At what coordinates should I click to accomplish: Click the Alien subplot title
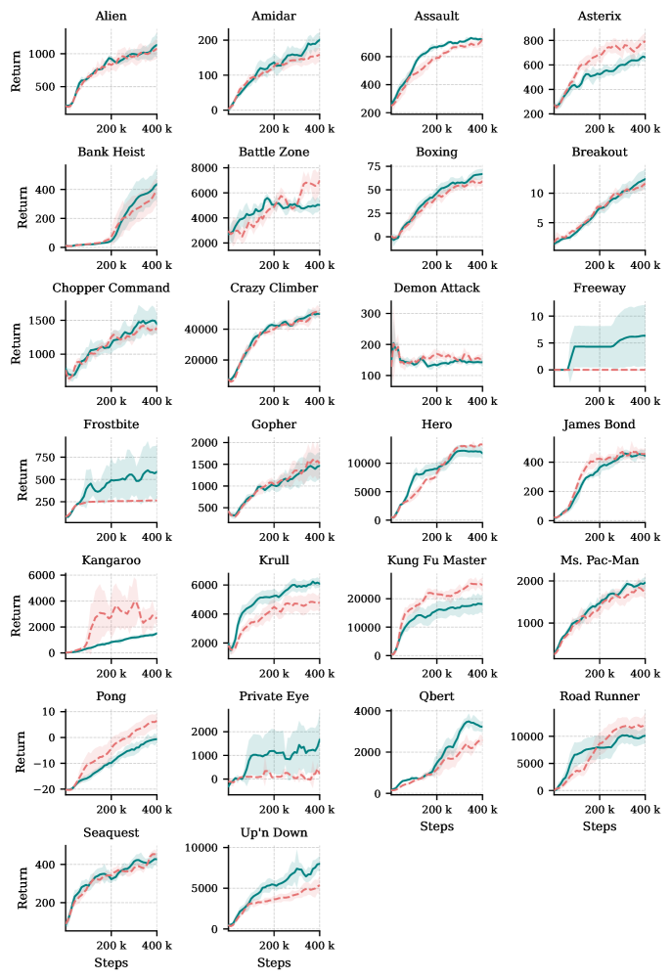point(111,16)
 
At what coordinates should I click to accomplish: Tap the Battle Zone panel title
point(273,152)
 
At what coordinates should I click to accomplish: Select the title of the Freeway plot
point(599,289)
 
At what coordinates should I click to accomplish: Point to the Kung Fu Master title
point(436,560)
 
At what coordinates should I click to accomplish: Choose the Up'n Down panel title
point(273,832)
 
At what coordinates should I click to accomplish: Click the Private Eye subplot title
point(273,696)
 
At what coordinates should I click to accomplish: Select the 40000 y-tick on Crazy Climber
point(205,330)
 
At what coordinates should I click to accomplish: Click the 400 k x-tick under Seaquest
point(157,947)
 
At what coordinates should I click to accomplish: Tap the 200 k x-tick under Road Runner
point(599,811)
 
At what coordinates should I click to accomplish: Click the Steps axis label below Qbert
point(436,826)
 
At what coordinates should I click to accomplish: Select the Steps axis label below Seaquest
point(111,963)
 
